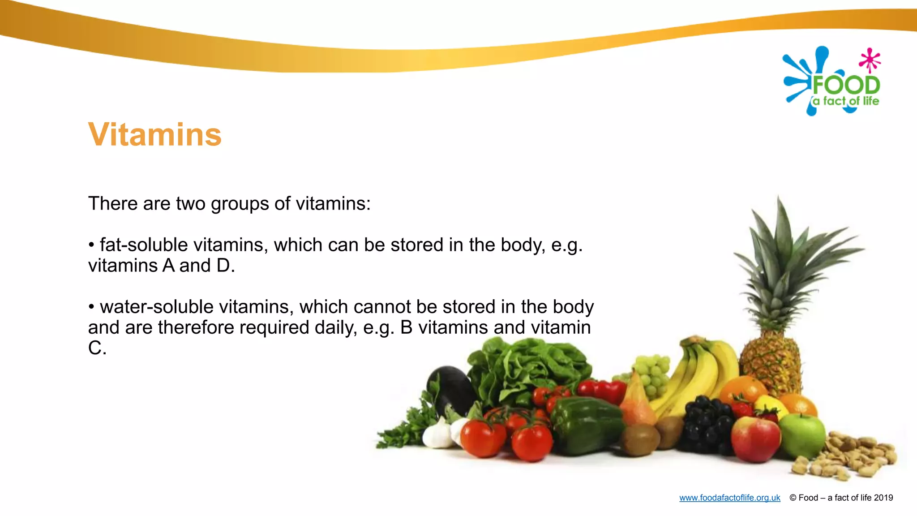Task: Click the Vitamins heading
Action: click(154, 134)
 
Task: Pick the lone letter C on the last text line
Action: click(94, 348)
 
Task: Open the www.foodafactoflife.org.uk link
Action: click(729, 498)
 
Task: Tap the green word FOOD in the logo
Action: click(846, 85)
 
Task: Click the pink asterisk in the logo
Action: click(870, 60)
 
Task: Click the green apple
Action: click(803, 435)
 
